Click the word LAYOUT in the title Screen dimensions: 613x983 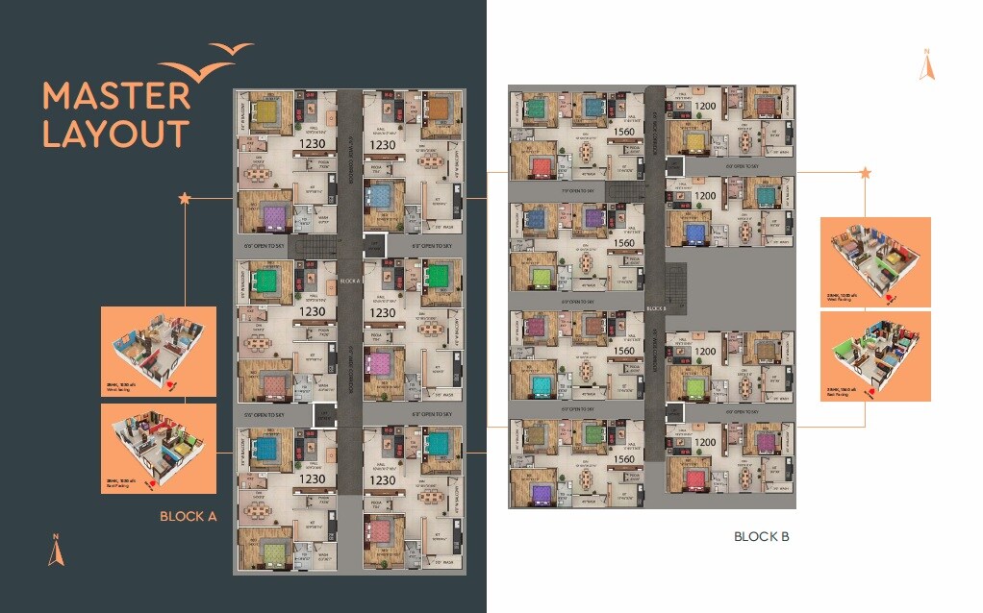114,134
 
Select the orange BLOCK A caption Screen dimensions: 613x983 189,516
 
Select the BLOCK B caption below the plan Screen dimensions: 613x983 761,536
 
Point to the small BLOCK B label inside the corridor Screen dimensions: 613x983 656,308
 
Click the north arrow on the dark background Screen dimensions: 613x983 56,551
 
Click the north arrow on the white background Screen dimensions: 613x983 926,64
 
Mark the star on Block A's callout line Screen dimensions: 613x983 185,198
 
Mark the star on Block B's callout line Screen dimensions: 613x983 865,173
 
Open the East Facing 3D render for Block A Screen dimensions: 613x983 158,449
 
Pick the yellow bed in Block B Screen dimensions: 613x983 694,143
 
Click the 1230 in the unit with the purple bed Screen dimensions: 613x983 313,143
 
